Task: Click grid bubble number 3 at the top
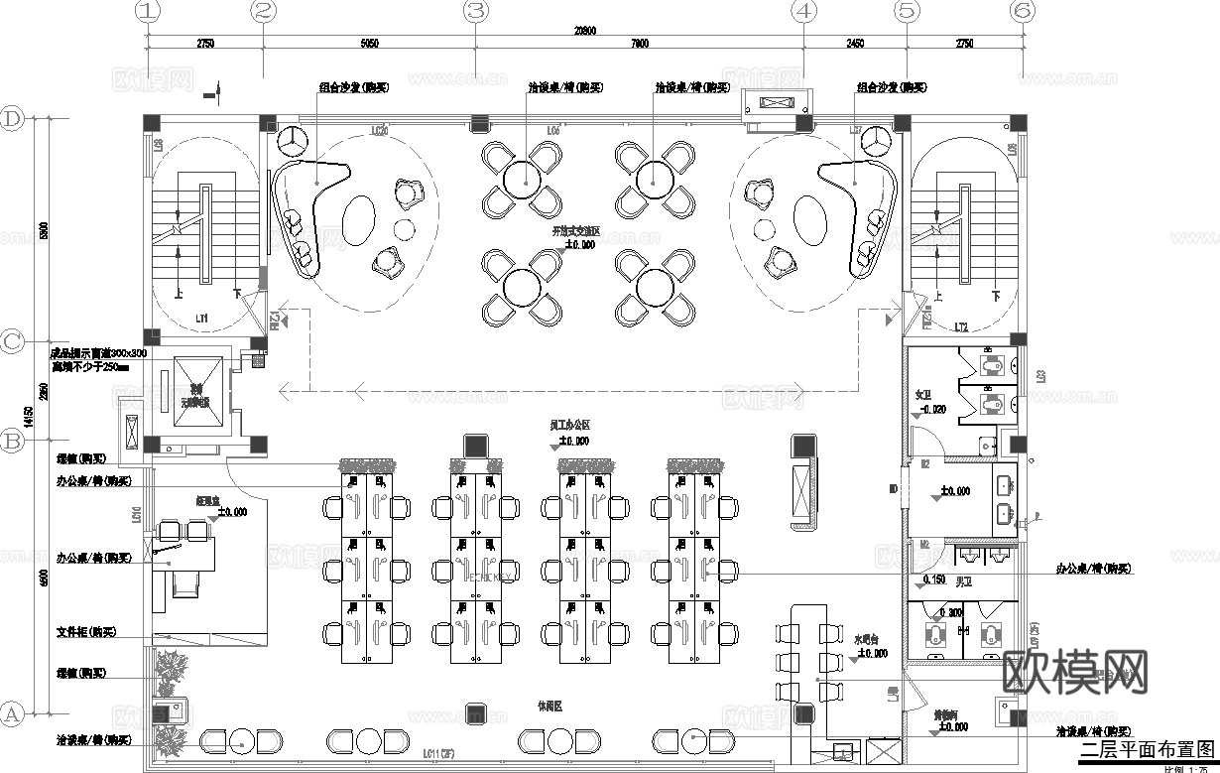click(477, 11)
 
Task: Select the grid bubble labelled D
click(12, 118)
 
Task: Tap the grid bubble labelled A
click(12, 712)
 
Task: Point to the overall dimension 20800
click(585, 31)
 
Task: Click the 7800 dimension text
click(640, 44)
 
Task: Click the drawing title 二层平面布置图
click(1147, 749)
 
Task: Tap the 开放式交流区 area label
click(576, 230)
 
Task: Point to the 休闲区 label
click(549, 707)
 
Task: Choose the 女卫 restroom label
click(923, 395)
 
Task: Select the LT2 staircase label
click(960, 326)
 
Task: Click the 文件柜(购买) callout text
click(86, 632)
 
